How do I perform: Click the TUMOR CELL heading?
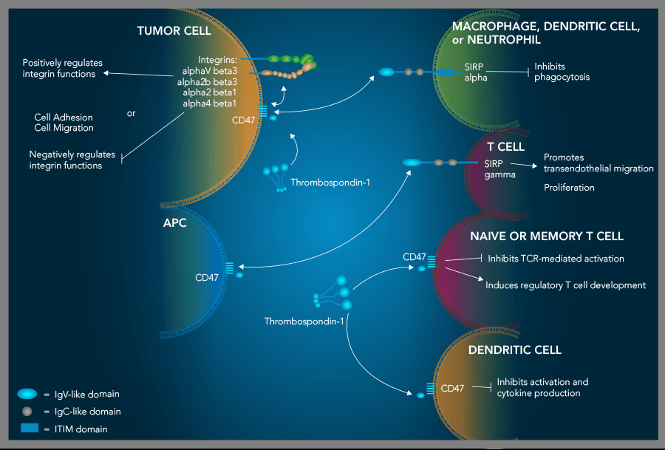pyautogui.click(x=174, y=31)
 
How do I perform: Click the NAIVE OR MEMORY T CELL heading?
pyautogui.click(x=546, y=236)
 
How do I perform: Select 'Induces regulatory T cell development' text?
pyautogui.click(x=565, y=284)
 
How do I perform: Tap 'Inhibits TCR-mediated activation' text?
pyautogui.click(x=555, y=259)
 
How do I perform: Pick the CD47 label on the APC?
pyautogui.click(x=207, y=278)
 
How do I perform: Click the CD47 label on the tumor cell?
pyautogui.click(x=243, y=119)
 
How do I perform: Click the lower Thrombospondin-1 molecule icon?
pyautogui.click(x=333, y=294)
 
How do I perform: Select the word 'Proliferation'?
pyautogui.click(x=569, y=188)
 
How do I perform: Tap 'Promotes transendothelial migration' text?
pyautogui.click(x=598, y=163)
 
